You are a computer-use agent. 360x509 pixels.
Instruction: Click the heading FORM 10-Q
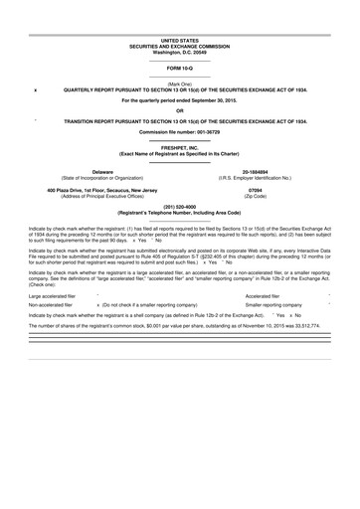click(180, 67)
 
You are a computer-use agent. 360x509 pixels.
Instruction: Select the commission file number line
click(180, 132)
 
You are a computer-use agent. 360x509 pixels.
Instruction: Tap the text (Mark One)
click(180, 84)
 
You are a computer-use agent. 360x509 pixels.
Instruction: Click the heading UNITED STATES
click(180, 39)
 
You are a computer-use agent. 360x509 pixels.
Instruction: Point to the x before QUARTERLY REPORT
click(35, 90)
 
